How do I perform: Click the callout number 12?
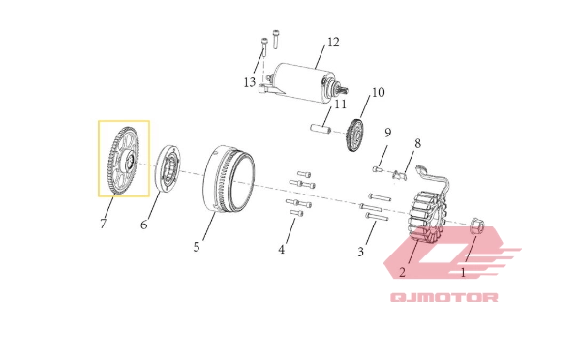(333, 43)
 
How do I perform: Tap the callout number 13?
(250, 82)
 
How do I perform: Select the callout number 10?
(378, 92)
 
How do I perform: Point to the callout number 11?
(340, 105)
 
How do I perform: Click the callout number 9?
(387, 132)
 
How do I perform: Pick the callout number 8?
(417, 143)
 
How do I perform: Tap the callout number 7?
(104, 224)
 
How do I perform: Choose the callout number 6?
(144, 225)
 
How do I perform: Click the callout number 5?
(197, 247)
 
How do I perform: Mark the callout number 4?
(282, 250)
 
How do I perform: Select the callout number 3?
(360, 252)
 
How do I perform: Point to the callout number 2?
(403, 272)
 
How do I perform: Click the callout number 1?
(463, 273)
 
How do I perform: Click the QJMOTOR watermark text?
(444, 297)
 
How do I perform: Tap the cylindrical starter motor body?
(299, 82)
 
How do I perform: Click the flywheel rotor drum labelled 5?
(229, 179)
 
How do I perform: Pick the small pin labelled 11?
(320, 130)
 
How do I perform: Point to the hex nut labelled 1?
(476, 225)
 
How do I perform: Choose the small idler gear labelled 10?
(355, 135)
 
